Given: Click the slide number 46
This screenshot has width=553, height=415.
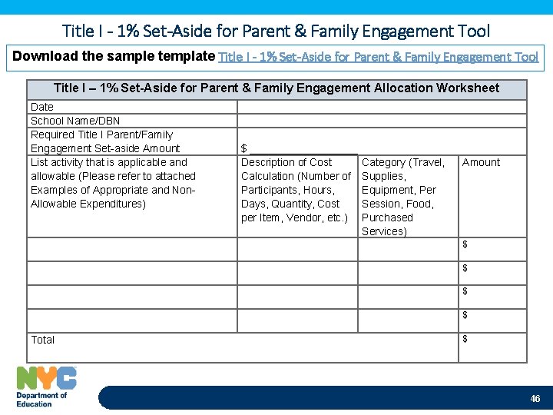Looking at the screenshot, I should tap(535, 399).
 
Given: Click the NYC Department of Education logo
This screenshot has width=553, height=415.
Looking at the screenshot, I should tap(46, 387).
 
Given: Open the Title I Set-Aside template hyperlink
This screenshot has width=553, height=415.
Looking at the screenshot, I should tap(379, 57).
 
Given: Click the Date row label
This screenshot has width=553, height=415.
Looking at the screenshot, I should tap(42, 107).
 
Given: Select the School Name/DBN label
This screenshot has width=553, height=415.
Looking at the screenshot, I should tap(75, 121).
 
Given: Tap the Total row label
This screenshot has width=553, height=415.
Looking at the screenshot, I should tap(43, 340).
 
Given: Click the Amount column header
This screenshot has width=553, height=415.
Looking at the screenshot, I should tap(481, 162).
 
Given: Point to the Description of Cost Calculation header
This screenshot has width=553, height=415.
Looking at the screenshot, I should tap(296, 190).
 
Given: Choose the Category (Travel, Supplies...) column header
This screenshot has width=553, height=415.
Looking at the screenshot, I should tap(402, 197).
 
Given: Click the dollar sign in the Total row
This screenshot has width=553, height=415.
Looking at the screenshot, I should tap(465, 340).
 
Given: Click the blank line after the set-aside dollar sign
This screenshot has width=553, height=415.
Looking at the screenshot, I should tap(303, 149).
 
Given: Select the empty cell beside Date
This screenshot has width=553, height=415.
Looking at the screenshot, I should tap(381, 107).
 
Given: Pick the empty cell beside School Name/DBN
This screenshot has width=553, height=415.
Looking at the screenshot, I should tap(381, 121).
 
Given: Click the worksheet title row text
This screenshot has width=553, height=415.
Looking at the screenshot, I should tap(276, 88).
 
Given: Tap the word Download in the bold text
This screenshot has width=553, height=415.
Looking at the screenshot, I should tap(45, 56).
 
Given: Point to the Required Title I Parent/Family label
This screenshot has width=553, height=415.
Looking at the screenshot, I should tap(101, 134).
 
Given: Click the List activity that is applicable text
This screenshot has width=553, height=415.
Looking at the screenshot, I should tap(109, 162).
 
